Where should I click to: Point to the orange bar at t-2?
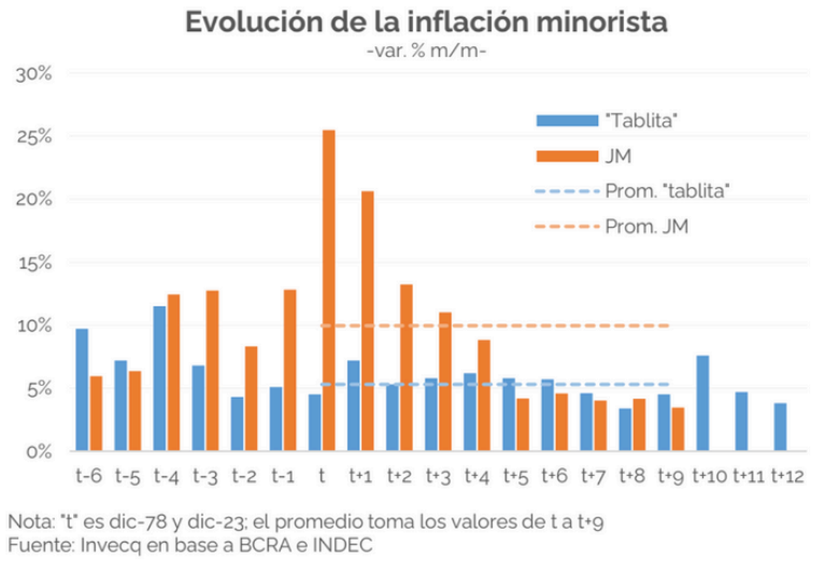251,398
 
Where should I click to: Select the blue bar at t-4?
159,379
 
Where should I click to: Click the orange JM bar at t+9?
677,429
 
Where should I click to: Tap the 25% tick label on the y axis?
33,136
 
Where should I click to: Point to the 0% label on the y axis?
37,452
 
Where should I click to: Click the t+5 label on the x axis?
516,475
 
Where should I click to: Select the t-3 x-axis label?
205,475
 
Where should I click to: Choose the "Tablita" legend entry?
643,120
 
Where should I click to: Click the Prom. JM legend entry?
646,227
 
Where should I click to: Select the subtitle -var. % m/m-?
427,52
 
